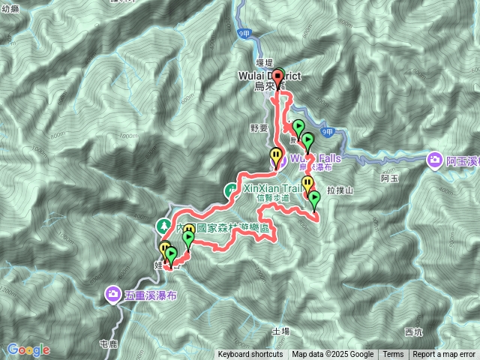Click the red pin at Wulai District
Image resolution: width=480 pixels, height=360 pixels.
click(278, 76)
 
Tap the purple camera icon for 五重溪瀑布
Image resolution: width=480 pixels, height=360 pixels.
click(112, 293)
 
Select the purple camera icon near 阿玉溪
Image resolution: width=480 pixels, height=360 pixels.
click(436, 159)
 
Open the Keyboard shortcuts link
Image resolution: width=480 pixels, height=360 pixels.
click(250, 355)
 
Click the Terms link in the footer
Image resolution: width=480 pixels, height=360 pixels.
click(393, 355)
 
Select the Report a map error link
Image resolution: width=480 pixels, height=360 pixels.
click(444, 355)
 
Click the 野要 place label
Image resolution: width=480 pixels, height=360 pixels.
click(259, 129)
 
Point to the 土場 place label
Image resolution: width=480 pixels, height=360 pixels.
click(280, 330)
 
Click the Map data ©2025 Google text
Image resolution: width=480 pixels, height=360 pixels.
click(332, 355)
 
